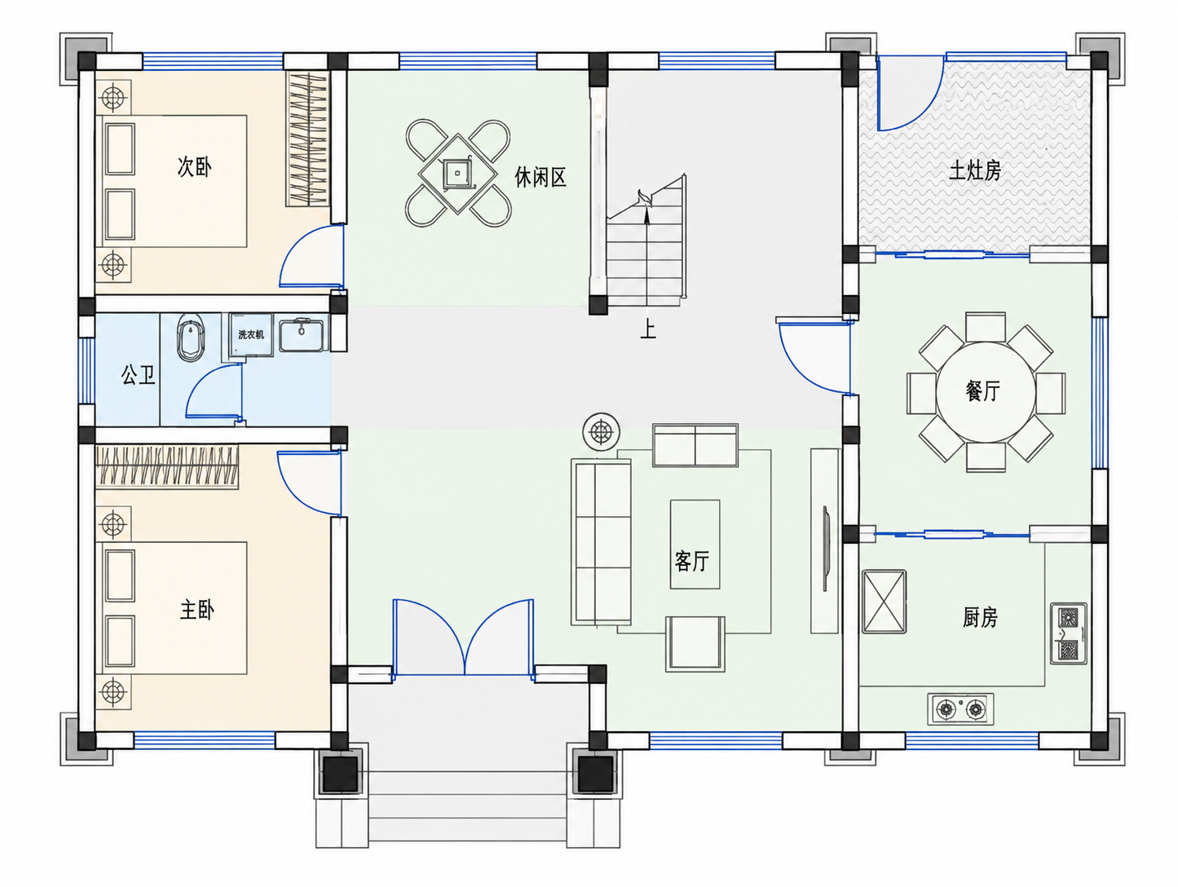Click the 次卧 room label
194,167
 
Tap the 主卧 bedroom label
197,610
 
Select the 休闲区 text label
540,177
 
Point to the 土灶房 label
975,171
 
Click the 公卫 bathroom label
139,374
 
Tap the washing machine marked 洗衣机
251,335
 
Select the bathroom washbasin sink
302,335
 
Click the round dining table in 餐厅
986,391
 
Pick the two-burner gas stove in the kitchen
960,709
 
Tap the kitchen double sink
1069,633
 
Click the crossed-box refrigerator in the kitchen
884,602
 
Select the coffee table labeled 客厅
695,544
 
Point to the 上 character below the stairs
648,329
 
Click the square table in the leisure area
457,174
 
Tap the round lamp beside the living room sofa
601,431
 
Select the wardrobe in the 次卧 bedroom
307,139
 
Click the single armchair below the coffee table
695,644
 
